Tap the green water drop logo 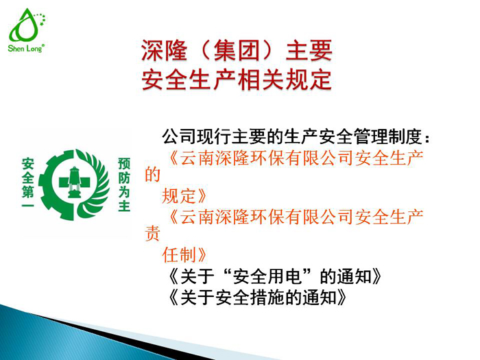pos(26,27)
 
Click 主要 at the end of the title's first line pos(310,50)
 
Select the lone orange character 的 pos(152,176)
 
